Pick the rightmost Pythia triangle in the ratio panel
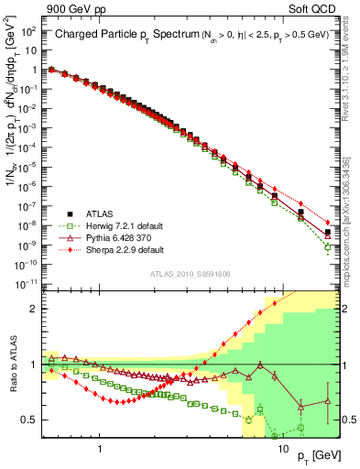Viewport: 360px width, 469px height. coord(329,401)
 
